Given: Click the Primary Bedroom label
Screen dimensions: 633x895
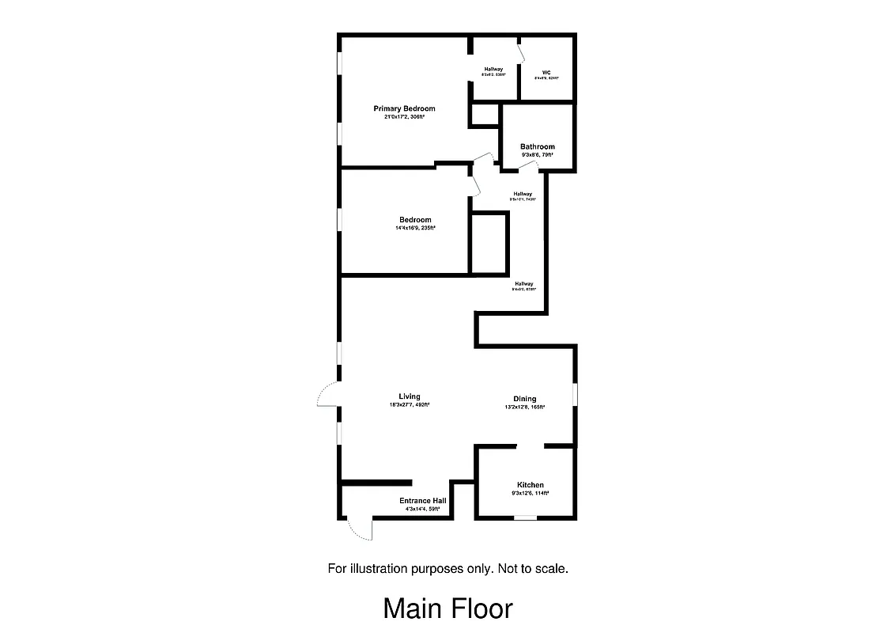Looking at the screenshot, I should click(x=404, y=108).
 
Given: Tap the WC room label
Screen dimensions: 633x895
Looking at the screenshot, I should click(x=546, y=72).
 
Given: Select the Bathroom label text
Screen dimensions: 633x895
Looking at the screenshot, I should click(x=537, y=146).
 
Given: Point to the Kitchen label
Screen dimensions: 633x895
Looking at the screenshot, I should click(x=530, y=485).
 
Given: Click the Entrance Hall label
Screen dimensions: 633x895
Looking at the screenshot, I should click(x=422, y=501).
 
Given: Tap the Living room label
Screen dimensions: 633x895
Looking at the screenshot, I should click(x=409, y=396).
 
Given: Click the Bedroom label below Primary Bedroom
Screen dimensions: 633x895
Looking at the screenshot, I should click(x=415, y=220).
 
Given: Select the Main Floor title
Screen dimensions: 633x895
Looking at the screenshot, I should click(x=447, y=608).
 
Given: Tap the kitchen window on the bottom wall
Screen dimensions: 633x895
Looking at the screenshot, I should click(x=524, y=518).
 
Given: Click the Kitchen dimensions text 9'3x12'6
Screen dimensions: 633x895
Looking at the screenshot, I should click(x=530, y=494).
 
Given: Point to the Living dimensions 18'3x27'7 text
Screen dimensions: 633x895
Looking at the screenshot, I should click(x=409, y=405).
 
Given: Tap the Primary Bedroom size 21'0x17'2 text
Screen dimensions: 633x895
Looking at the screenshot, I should click(x=404, y=117).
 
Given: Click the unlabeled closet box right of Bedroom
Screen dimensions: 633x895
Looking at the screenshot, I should click(x=489, y=243).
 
